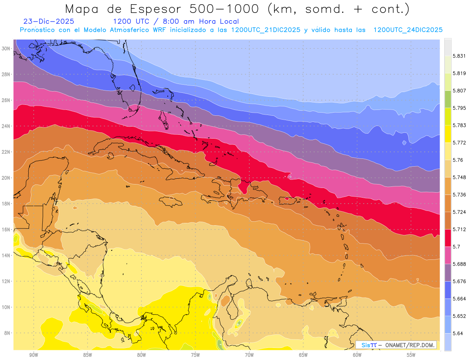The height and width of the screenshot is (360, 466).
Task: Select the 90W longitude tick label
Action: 33,355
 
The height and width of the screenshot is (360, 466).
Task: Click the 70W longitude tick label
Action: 249,355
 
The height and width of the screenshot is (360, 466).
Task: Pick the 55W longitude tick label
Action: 411,355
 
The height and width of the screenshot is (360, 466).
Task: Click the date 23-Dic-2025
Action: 49,21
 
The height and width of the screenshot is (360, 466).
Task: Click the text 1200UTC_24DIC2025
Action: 408,30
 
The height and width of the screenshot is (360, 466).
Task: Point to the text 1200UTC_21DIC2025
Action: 266,30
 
